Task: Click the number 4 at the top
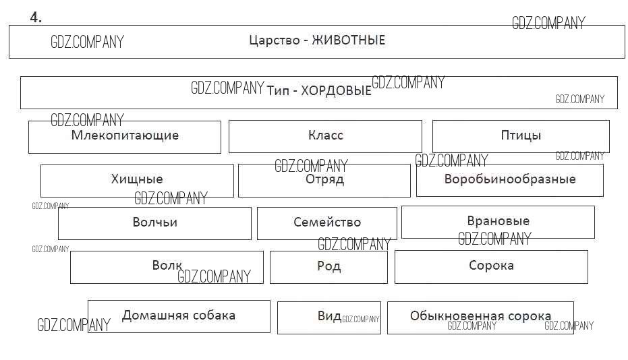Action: pos(35,18)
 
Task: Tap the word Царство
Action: pos(273,40)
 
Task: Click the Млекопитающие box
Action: pos(125,136)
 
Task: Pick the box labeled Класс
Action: pos(325,136)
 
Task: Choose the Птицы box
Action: pos(521,136)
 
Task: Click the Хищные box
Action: pos(137,180)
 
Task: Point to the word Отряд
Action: pos(324,179)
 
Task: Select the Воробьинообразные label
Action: pos(510,179)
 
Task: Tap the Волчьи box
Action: pos(154,222)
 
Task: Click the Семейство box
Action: pos(327,222)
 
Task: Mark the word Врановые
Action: pos(498,221)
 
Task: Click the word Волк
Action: pos(167,266)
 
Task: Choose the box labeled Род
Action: pos(329,266)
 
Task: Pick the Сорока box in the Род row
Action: pos(491,266)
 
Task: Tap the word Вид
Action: pos(329,317)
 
